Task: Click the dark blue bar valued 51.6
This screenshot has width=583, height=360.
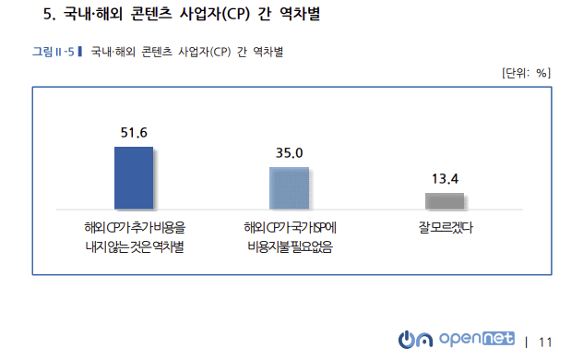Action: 134,177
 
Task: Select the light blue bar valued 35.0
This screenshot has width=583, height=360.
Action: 289,188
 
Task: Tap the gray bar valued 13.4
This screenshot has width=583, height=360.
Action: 445,201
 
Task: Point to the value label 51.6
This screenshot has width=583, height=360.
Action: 134,133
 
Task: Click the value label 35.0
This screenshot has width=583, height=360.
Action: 290,153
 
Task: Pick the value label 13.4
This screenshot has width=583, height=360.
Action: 445,179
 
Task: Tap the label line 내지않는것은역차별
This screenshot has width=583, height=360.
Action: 134,246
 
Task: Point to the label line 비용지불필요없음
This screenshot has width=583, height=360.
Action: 290,246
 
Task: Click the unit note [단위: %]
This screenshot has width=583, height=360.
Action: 526,73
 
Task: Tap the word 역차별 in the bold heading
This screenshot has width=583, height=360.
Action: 301,15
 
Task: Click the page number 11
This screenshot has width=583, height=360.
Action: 544,342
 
